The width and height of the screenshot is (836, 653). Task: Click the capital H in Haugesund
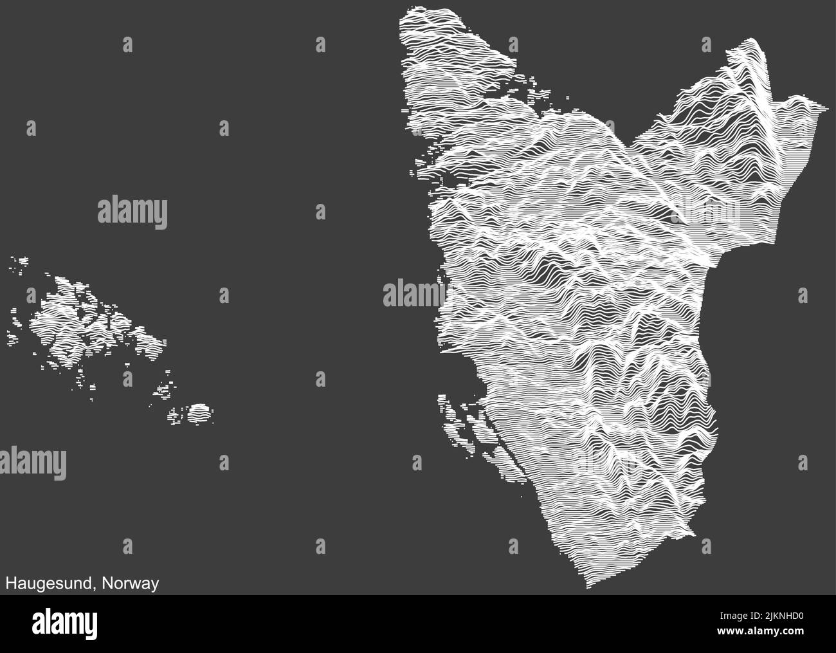pyautogui.click(x=11, y=584)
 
